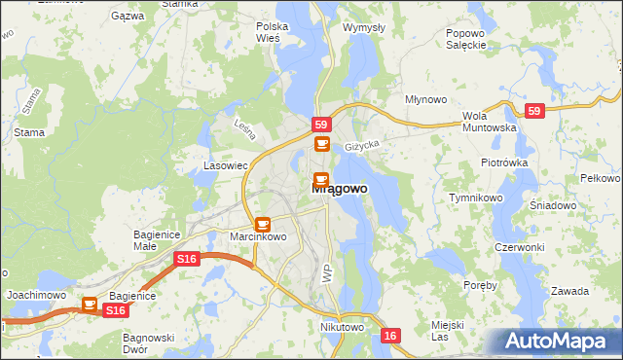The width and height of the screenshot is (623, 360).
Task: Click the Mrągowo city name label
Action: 340,191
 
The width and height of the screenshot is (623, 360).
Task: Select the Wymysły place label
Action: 364,27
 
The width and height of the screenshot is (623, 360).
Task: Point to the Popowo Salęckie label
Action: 465,39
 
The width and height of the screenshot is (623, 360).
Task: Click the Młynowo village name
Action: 425,100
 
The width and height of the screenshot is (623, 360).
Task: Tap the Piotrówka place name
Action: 503,162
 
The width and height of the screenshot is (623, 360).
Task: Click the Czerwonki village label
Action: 519,247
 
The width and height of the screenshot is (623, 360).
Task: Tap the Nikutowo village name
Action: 342,328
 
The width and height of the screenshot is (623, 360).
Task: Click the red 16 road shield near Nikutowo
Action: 390,335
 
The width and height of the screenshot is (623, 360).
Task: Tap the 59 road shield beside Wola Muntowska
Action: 533,111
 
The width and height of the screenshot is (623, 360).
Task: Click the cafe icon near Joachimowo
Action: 91,305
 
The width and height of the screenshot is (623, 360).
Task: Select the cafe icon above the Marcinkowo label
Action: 262,225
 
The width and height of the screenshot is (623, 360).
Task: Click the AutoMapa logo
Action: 557,341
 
